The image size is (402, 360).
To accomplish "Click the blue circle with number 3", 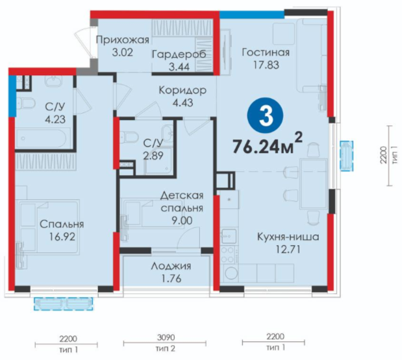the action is [x=265, y=117].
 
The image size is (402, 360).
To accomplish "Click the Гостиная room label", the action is [x=266, y=53].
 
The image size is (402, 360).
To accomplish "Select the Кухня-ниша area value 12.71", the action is [x=288, y=249].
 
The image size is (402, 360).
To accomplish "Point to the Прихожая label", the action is [x=123, y=40].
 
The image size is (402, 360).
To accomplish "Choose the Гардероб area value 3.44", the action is [x=179, y=67].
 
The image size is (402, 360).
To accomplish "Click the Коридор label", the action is [x=182, y=90].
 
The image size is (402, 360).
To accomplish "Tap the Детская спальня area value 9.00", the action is [x=182, y=220].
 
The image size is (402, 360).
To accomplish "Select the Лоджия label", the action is [x=171, y=267].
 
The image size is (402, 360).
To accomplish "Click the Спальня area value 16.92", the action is [x=62, y=237].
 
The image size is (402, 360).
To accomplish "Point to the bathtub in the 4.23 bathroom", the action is [x=43, y=138].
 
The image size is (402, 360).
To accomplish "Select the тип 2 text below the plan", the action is [x=166, y=348].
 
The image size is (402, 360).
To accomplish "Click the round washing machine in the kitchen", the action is [x=231, y=274].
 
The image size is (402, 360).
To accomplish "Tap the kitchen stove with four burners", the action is [x=227, y=254].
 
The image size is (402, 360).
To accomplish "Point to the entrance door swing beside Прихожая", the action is [x=83, y=43].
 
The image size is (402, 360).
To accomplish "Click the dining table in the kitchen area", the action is [x=314, y=184].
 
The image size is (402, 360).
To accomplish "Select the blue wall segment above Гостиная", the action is [x=252, y=14].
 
